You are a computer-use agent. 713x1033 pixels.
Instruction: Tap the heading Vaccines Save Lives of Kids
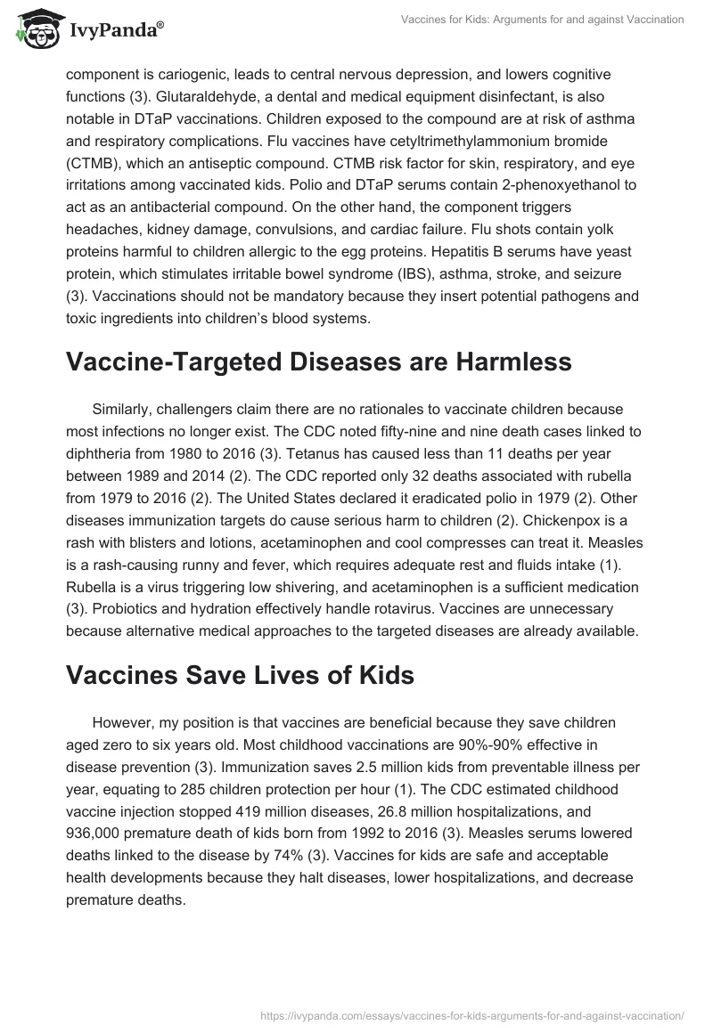240,674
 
